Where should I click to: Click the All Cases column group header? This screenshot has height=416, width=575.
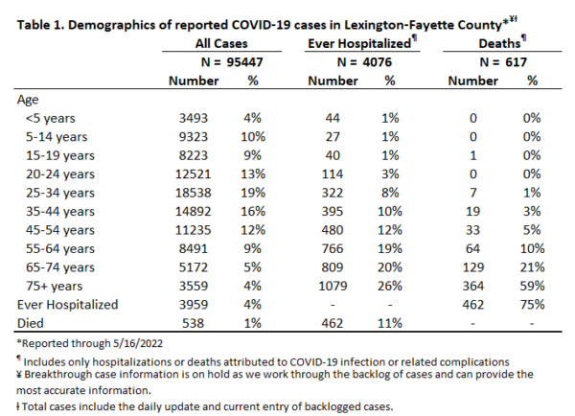(x=221, y=43)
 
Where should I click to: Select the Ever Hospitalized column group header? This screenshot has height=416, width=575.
(x=359, y=43)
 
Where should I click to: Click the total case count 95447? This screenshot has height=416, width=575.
(x=244, y=62)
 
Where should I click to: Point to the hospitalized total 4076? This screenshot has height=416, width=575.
(x=377, y=62)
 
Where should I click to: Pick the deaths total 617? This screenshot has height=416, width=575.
(x=516, y=62)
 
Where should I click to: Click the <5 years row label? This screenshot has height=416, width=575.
(x=51, y=118)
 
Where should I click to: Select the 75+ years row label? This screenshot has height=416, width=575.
(x=55, y=286)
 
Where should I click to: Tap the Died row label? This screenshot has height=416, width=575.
(x=31, y=323)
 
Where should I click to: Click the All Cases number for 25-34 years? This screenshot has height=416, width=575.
(x=193, y=193)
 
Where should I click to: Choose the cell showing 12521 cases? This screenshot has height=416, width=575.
(x=193, y=173)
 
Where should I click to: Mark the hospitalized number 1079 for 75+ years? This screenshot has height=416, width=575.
(x=333, y=286)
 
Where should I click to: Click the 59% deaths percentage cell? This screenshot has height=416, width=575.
(x=532, y=286)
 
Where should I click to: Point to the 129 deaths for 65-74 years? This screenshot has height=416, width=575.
(x=473, y=267)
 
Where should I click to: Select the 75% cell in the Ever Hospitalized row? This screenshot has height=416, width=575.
(x=532, y=305)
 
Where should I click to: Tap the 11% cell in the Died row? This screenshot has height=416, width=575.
(x=390, y=323)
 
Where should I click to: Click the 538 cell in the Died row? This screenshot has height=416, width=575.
(x=193, y=323)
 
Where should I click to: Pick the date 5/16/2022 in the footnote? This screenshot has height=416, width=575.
(x=138, y=343)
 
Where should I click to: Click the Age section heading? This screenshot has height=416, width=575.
(x=28, y=100)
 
